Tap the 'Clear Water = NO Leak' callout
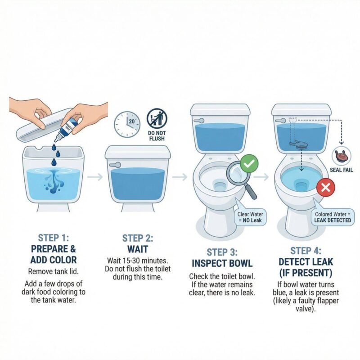tap(250, 217)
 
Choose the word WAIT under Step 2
tap(138, 249)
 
